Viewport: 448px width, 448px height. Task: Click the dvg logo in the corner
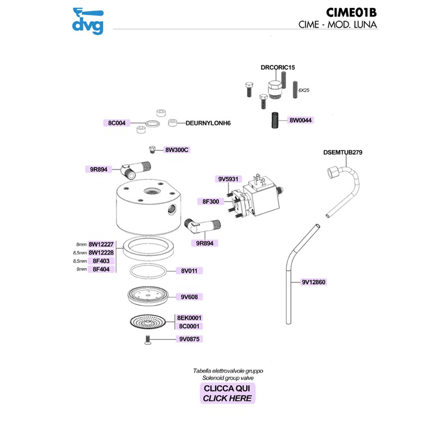click(88, 20)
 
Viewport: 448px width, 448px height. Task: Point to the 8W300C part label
click(176, 150)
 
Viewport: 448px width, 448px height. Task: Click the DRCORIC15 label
click(278, 67)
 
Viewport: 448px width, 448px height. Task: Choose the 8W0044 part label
click(301, 120)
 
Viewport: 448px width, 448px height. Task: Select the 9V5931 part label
click(228, 179)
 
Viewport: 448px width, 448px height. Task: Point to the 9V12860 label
click(313, 283)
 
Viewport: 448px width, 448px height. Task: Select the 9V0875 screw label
click(190, 339)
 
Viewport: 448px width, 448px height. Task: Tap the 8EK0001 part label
click(189, 318)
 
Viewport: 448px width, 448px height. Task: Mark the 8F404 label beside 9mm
click(101, 269)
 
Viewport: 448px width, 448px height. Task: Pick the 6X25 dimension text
click(304, 90)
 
